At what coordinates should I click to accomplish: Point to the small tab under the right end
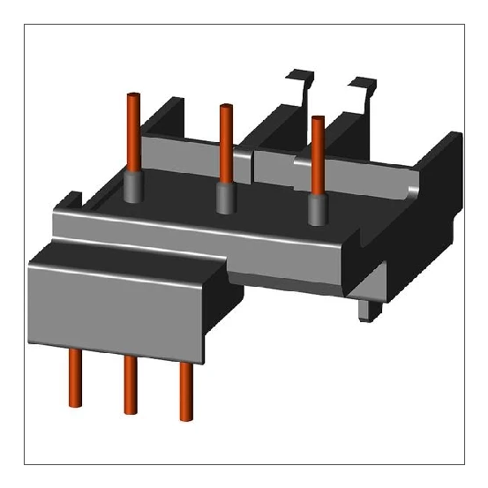pos(365,310)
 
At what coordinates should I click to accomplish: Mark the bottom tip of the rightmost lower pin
pos(185,417)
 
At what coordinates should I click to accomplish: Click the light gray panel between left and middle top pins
pos(181,146)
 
